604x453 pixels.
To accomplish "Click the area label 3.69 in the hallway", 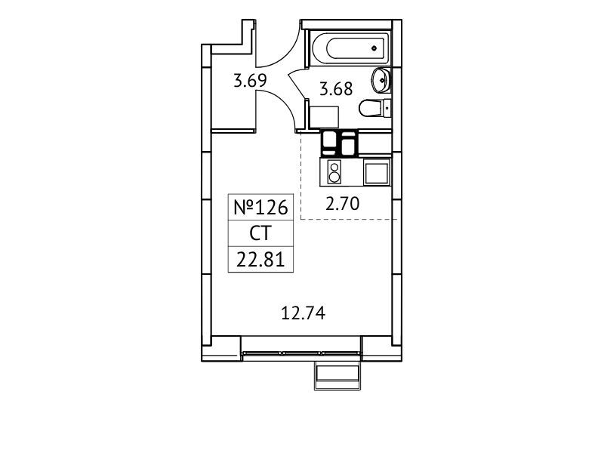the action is point(251,81).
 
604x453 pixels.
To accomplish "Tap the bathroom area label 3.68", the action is point(336,88).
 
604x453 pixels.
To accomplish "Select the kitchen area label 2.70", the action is point(343,203).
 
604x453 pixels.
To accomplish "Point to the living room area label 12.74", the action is point(304,313).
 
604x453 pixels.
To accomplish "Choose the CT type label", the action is point(260,233).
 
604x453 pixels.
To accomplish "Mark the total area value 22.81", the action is point(260,260).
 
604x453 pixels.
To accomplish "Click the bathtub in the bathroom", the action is point(350,48).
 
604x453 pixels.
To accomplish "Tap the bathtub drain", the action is point(374,48).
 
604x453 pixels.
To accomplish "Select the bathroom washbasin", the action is point(381,80).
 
